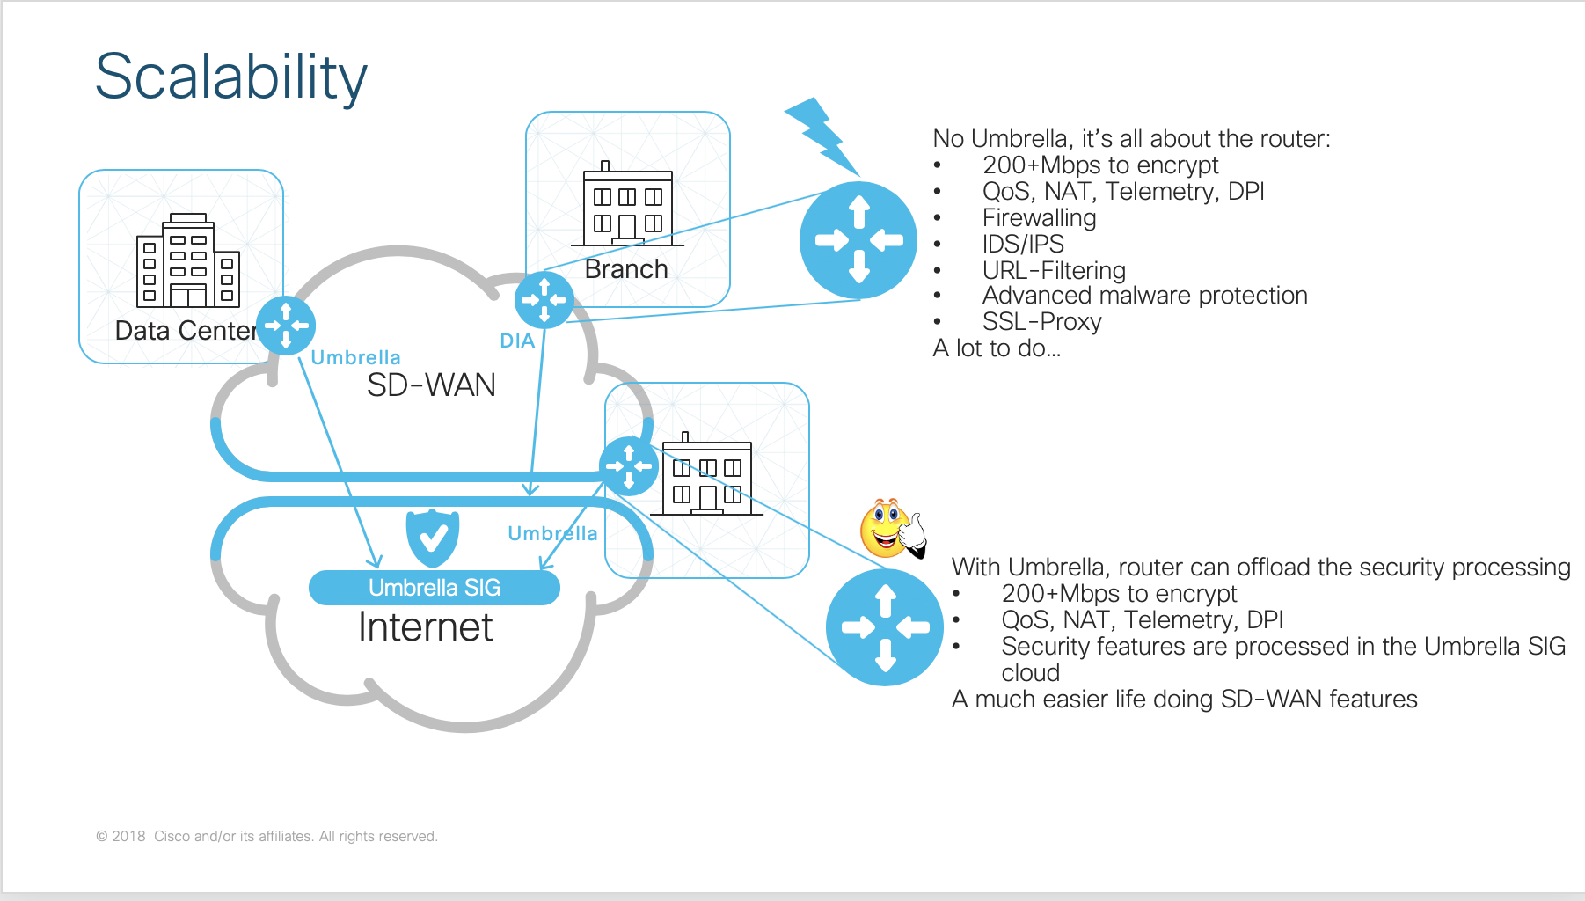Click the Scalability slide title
pos(230,77)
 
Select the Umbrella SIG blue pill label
pos(434,588)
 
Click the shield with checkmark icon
pos(432,536)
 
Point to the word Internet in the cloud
pos(426,627)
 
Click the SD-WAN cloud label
pos(431,385)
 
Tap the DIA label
pos(517,341)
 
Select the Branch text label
pos(626,269)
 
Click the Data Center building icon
pos(188,260)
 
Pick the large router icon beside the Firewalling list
pos(858,239)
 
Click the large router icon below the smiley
pos(885,626)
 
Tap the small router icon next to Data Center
pos(286,326)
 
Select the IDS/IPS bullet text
pos(1023,244)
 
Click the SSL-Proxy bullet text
pos(1041,322)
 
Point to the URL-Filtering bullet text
pos(1054,270)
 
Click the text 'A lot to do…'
pos(997,348)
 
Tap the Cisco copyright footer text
pos(267,836)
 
